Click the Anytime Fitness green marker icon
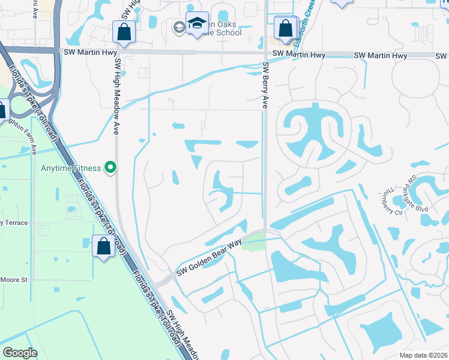tap(110, 168)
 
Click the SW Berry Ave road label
tap(264, 86)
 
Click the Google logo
tap(20, 353)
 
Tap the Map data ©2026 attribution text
tap(423, 355)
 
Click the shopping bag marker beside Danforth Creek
tap(285, 28)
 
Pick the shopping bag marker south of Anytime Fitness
tap(103, 247)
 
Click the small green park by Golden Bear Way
tap(254, 242)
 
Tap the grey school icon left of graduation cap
tap(179, 27)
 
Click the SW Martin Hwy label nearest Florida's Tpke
tap(85, 52)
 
